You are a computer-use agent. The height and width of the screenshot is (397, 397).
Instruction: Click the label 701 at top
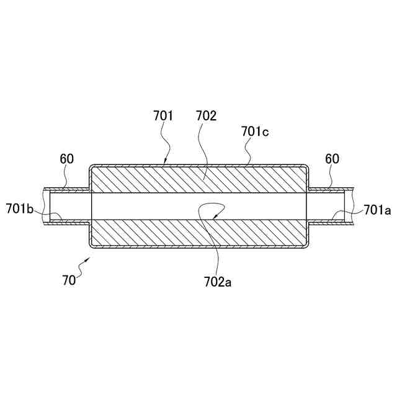point(163,115)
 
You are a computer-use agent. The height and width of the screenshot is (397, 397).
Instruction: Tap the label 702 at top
point(206,115)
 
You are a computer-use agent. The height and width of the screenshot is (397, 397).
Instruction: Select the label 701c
point(254,131)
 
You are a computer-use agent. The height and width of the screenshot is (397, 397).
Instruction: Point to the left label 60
point(67,159)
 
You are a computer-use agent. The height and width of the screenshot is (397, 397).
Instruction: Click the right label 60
point(332,159)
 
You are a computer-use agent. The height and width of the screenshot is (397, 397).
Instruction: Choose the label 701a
point(377,210)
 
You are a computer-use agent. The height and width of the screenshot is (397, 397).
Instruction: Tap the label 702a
point(218,282)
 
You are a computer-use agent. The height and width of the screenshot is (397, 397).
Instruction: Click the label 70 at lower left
point(68,279)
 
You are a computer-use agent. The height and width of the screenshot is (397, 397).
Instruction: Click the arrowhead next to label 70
point(87,261)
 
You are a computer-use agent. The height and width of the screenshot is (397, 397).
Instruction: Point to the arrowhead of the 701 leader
point(166,163)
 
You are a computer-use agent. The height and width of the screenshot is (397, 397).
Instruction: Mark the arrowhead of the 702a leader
point(212,218)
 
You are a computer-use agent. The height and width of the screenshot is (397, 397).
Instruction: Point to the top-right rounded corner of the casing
point(305,167)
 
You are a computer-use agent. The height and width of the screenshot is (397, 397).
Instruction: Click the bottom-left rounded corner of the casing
point(92,246)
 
